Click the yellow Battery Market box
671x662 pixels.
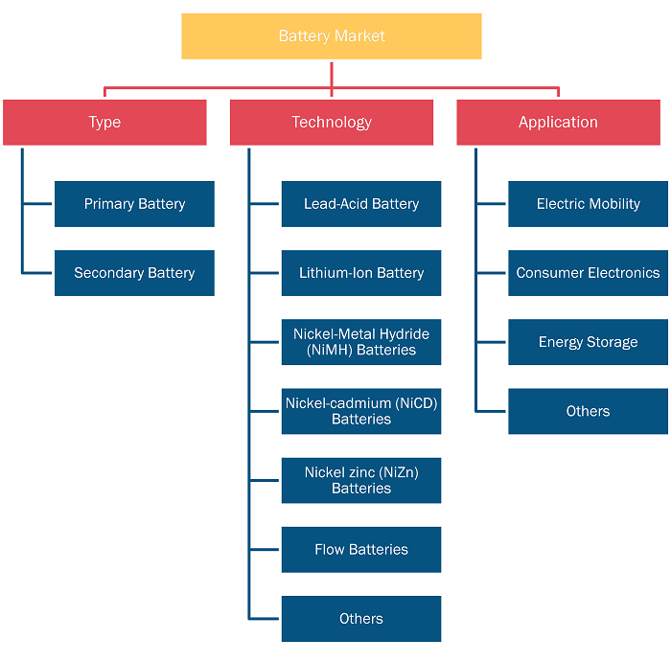point(332,36)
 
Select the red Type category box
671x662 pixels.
point(104,123)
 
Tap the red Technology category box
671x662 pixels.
point(332,123)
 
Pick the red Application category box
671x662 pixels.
point(559,123)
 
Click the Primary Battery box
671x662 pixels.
point(134,204)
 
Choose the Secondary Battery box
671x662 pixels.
point(134,273)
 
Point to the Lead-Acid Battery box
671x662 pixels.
point(361,204)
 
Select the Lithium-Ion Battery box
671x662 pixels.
point(361,273)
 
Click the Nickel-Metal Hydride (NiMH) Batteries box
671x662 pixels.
point(361,342)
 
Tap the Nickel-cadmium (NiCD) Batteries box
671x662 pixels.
point(361,411)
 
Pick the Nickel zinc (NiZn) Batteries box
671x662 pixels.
point(361,481)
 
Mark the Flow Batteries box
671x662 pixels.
point(361,550)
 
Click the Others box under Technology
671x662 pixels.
point(361,619)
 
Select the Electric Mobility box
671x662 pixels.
point(588,204)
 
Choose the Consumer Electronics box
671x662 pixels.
point(588,273)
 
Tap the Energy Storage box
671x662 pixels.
point(588,342)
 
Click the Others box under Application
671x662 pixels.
point(588,411)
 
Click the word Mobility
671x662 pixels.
point(616,204)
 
